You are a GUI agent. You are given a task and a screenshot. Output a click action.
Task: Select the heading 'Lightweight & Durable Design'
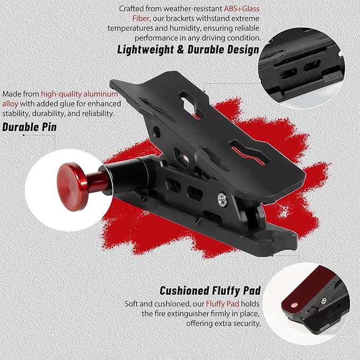click(188, 50)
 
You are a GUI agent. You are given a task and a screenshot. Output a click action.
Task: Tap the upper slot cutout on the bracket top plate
click(187, 99)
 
